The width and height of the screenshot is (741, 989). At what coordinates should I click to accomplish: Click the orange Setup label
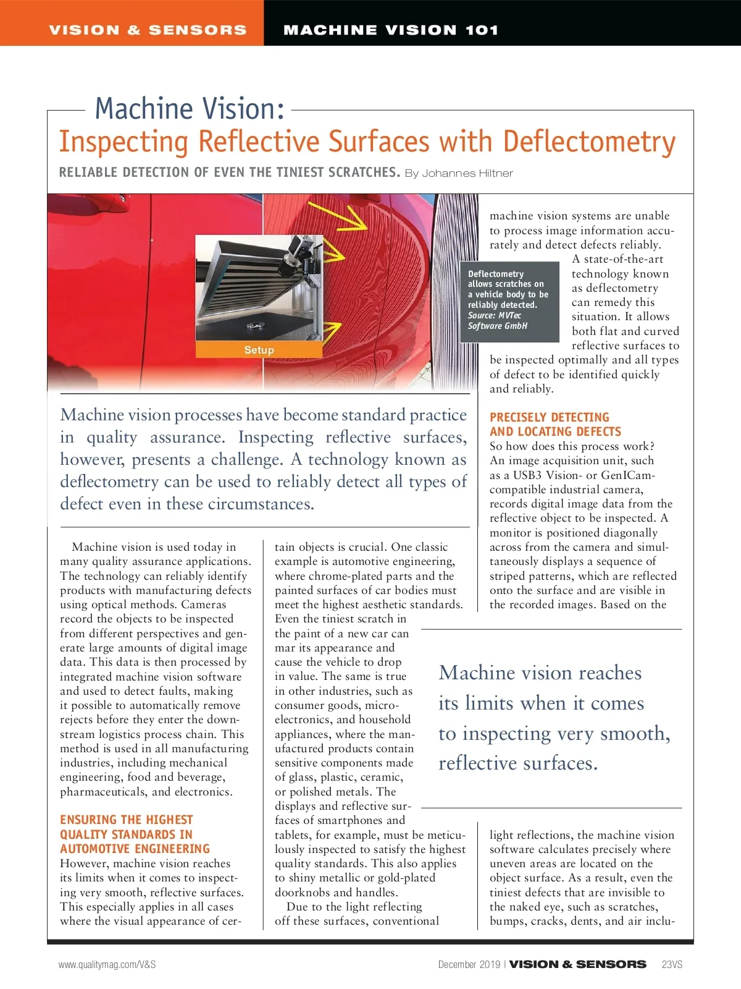(x=259, y=350)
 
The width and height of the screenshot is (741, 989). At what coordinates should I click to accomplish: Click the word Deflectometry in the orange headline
(x=589, y=142)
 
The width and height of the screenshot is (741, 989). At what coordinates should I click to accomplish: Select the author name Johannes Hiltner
(x=467, y=173)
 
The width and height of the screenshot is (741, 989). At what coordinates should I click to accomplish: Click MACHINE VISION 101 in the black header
(x=390, y=30)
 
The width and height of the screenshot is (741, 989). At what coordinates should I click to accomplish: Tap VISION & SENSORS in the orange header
(x=148, y=30)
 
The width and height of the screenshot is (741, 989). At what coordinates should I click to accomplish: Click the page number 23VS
(x=672, y=964)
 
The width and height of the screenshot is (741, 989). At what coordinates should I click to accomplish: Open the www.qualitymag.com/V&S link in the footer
(x=107, y=964)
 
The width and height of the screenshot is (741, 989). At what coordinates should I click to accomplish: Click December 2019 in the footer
(x=469, y=964)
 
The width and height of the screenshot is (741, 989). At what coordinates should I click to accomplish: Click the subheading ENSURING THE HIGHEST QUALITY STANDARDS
(x=135, y=834)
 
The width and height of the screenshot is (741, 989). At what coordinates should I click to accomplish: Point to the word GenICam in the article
(x=619, y=475)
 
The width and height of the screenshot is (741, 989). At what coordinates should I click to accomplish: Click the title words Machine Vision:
(x=190, y=109)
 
